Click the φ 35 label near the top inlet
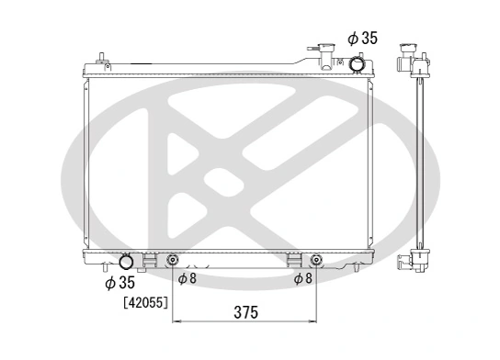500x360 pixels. tap(362, 39)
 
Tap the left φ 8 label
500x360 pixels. tap(187, 277)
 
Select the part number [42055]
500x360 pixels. tap(145, 302)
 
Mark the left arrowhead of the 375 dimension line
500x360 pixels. tap(177, 321)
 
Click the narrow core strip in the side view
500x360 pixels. tap(420, 165)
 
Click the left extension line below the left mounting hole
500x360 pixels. tap(173, 294)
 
